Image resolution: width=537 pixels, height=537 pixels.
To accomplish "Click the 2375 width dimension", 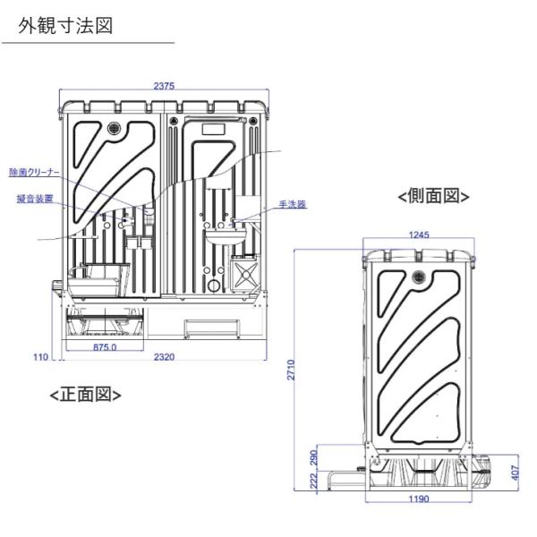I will (x=163, y=86).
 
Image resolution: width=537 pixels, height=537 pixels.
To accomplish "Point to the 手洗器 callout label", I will (x=293, y=204).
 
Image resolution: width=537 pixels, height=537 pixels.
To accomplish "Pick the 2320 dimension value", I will (x=163, y=356).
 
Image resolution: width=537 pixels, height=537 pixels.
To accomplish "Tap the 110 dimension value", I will (x=40, y=356).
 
